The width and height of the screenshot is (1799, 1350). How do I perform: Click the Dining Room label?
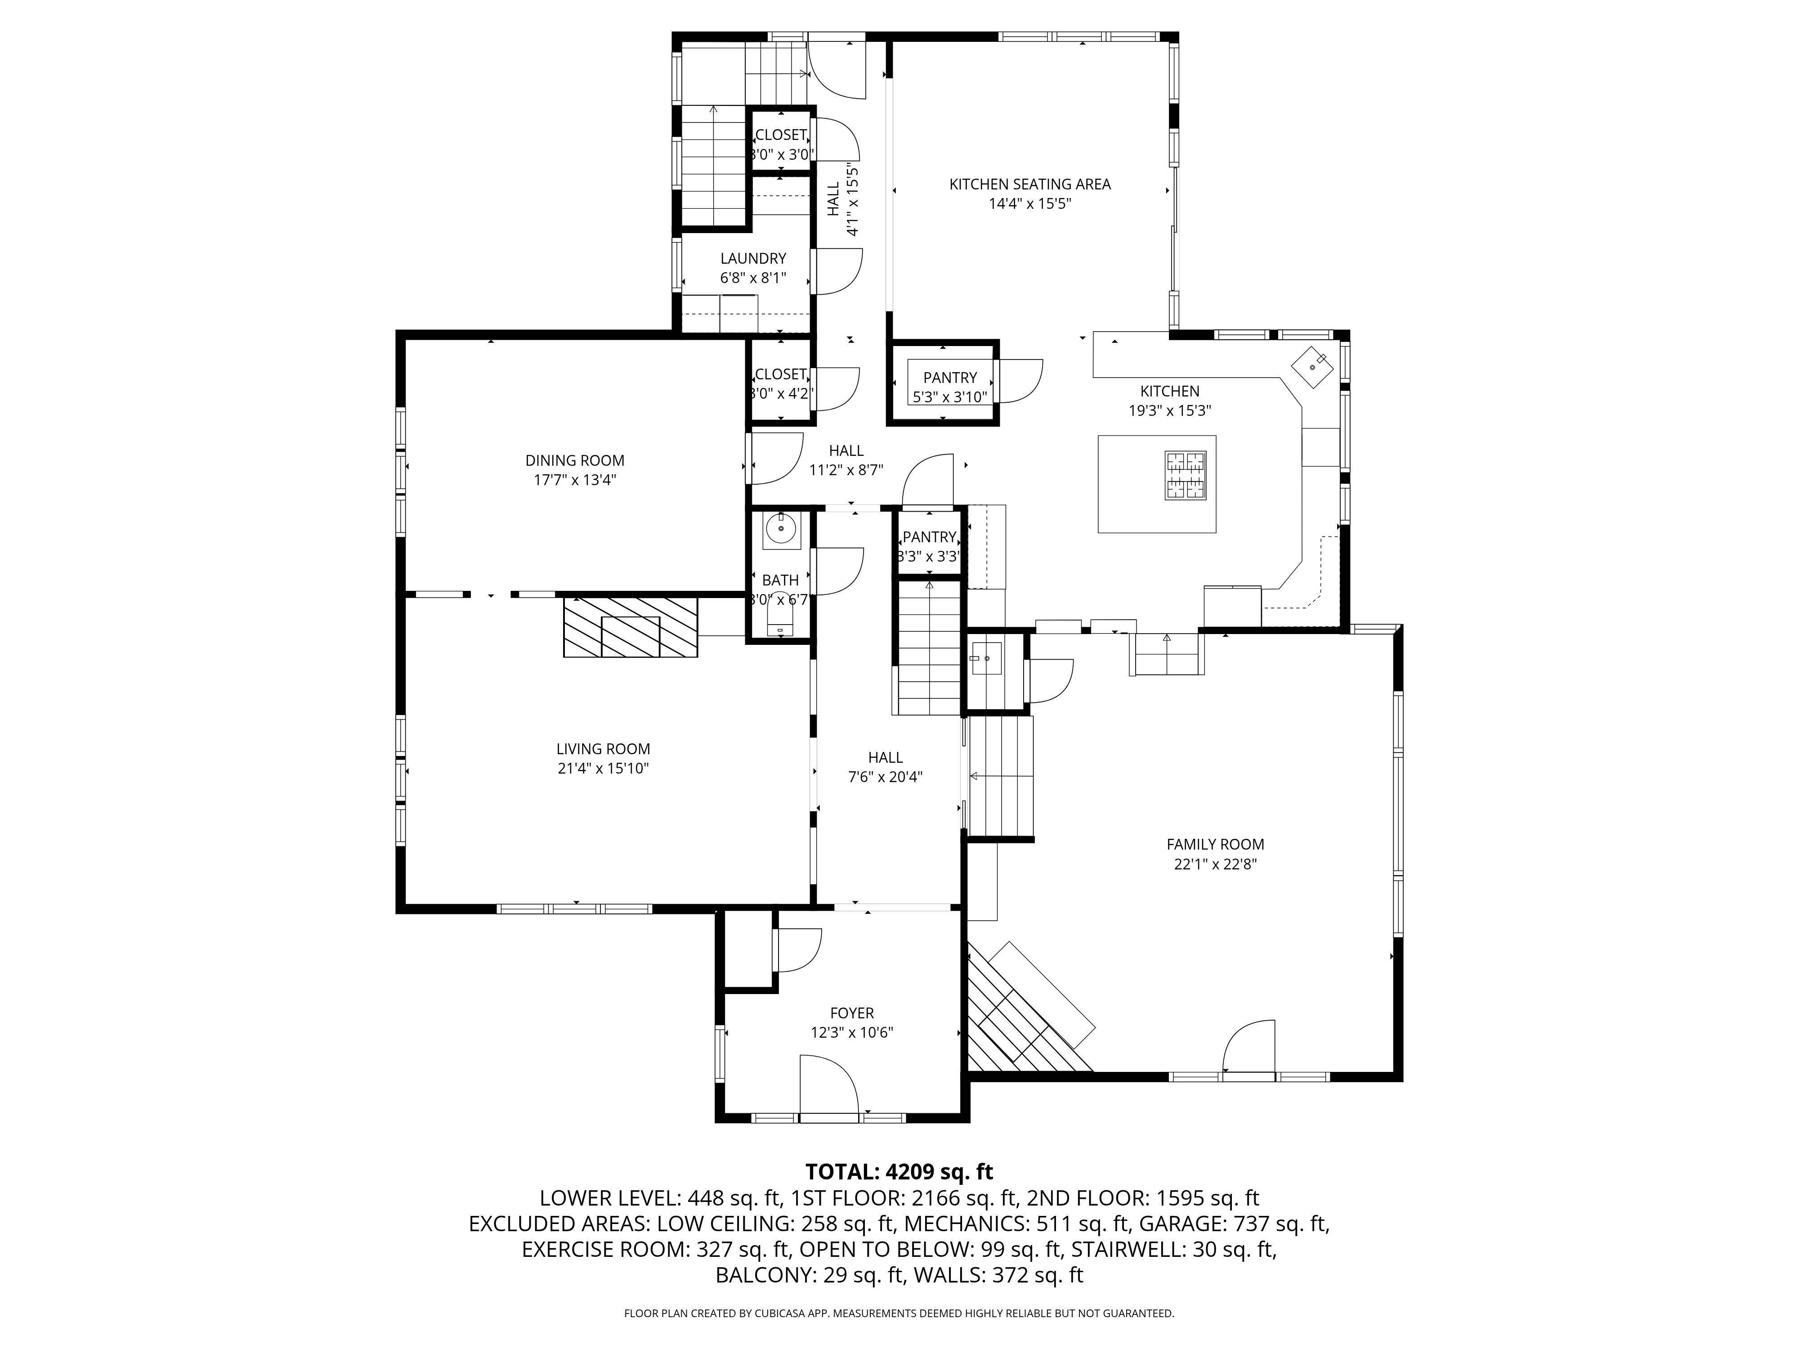tap(574, 461)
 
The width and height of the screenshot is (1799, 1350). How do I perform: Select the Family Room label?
tap(1215, 845)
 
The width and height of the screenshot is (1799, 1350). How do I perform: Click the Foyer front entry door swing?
tap(829, 1084)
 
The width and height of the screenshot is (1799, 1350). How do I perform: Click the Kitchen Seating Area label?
tap(1029, 184)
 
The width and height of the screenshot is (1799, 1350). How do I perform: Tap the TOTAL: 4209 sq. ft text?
tap(899, 1172)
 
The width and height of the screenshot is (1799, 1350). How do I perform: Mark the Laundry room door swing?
tap(838, 272)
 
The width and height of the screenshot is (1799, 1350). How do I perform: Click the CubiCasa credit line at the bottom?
tap(899, 1314)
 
